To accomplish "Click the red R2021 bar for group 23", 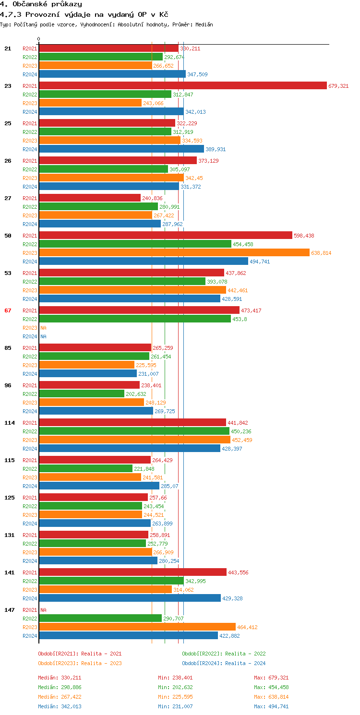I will coord(182,85).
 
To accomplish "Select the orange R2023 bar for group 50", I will coord(174,252).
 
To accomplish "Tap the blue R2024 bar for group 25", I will coord(121,149).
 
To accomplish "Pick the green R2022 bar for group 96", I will coord(81,393).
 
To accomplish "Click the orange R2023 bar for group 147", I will coord(137,627).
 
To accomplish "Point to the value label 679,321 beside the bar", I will coord(338,86).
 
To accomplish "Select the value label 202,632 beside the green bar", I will coord(136,394).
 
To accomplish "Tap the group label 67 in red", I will coord(8,310).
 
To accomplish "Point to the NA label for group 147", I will coord(43,610).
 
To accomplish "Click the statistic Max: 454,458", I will coord(271,687).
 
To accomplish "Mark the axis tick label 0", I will coord(39,39).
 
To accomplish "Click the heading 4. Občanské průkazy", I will coord(41,4).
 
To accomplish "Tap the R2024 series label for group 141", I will coord(30,598).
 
